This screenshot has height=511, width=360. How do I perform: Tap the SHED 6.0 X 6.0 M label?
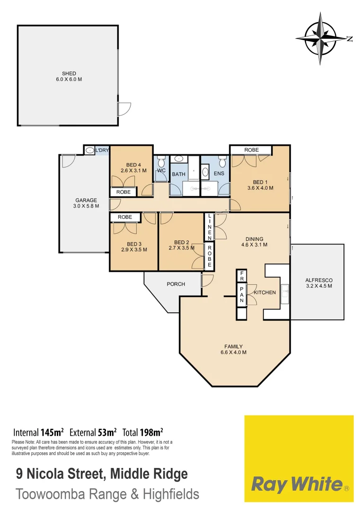pos(69,77)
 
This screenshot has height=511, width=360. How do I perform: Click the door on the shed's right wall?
pos(124,109)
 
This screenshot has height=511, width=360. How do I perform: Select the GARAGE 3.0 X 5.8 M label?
pos(86,203)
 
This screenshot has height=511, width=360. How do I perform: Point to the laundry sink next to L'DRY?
pos(90,150)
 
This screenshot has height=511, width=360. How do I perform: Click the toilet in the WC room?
pos(161,162)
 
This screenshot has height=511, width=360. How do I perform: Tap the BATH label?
pos(178,174)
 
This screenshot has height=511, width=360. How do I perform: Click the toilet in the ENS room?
pos(222,163)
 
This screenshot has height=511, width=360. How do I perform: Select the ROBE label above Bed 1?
pos(251,150)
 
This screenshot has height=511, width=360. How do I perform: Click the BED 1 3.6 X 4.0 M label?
pos(260,185)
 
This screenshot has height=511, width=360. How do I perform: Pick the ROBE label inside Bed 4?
pos(123,192)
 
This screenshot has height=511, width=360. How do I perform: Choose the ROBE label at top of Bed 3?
pos(125,217)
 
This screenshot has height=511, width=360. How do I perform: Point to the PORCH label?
pos(176,284)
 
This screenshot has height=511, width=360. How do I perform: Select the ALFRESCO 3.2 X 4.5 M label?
pos(318,283)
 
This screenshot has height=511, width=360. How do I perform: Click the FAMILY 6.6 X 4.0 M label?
pos(233,349)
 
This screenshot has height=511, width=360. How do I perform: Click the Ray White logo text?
pos(296,484)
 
